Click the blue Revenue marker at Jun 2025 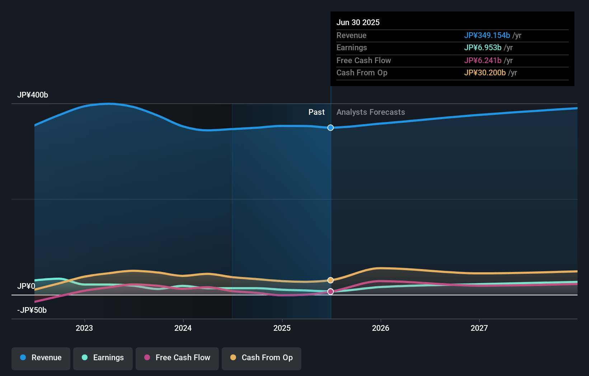click(x=330, y=128)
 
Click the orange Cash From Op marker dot click(x=330, y=280)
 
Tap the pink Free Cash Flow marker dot click(x=330, y=292)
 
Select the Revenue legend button click(x=41, y=358)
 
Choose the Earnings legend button click(x=103, y=358)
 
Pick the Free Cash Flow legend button click(x=177, y=358)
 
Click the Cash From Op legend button click(x=261, y=358)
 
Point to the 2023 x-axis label click(x=84, y=328)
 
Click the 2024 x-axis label click(x=183, y=328)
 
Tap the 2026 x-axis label click(x=381, y=328)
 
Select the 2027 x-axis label click(x=479, y=328)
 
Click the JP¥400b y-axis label click(x=33, y=95)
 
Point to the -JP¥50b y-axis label click(x=32, y=310)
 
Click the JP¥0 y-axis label click(x=26, y=286)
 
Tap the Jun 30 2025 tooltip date click(x=358, y=23)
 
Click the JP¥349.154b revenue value click(x=487, y=36)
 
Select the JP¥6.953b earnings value click(x=482, y=48)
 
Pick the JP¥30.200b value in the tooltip click(x=485, y=73)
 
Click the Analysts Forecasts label click(x=371, y=112)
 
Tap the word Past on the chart click(x=316, y=112)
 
